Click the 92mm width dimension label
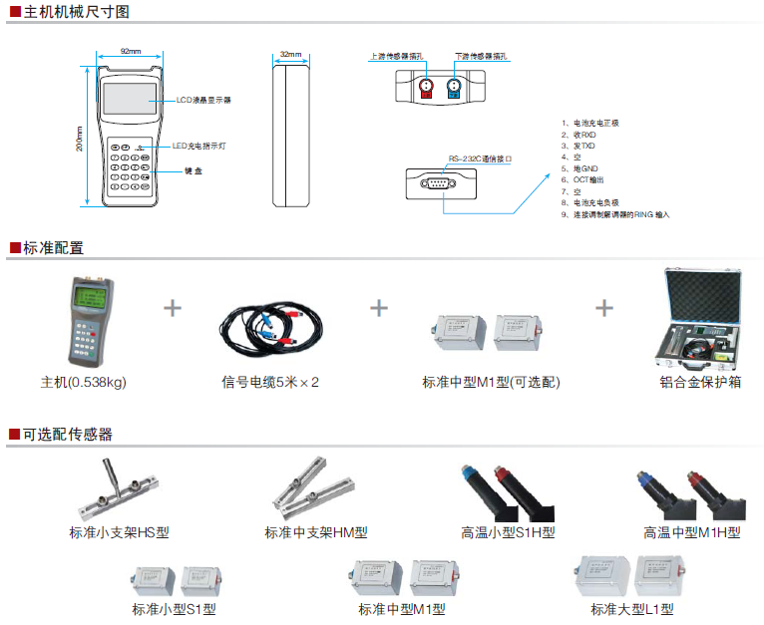coord(130,51)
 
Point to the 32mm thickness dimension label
coord(290,54)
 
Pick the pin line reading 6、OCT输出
coord(584,179)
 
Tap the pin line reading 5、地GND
coord(581,168)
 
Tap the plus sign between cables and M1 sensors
coord(379,307)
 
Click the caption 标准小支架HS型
coord(119,532)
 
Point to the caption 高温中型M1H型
coord(691,532)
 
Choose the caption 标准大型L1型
coord(631,609)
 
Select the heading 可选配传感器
coord(68,434)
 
